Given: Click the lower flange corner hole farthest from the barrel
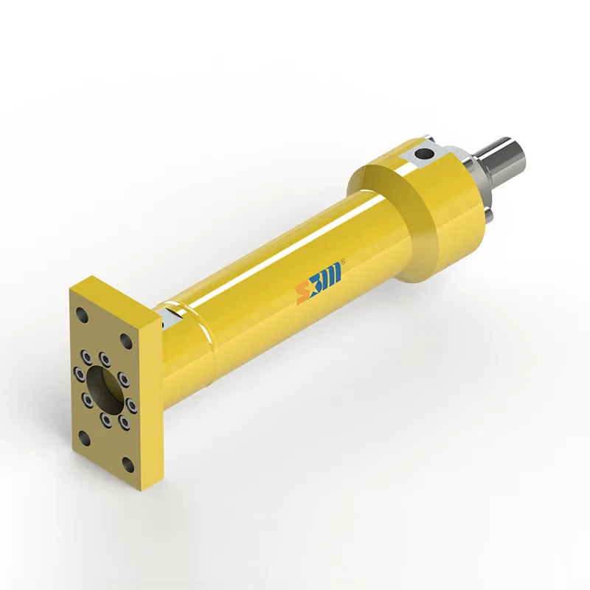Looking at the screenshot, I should click(83, 440).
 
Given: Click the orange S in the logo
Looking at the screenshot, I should click(302, 292).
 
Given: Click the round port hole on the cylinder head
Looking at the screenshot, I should click(423, 155).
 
